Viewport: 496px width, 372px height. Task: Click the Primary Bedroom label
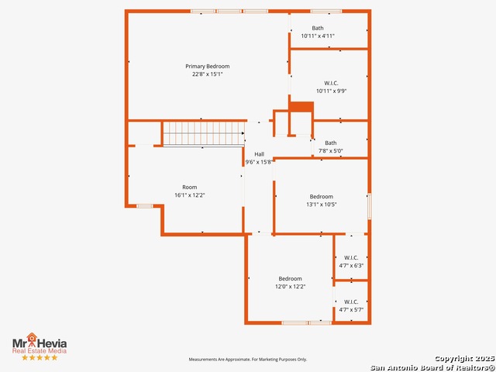point(208,67)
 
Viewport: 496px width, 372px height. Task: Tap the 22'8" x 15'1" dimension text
point(208,74)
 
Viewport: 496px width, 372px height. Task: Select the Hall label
point(260,154)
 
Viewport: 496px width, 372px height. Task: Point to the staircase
point(204,134)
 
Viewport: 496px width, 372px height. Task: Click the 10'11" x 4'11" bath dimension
point(318,36)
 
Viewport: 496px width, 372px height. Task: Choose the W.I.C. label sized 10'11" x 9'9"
point(331,83)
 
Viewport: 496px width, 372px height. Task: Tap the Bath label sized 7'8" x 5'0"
point(331,143)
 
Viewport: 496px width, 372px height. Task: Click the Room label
point(189,188)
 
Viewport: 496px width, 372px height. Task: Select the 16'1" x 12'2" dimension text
point(189,195)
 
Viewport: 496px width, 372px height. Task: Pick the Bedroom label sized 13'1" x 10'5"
point(322,197)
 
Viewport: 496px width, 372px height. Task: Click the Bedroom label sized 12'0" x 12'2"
point(290,279)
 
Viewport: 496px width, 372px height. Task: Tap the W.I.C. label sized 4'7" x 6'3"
point(351,258)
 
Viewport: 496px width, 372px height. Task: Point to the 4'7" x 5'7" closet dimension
point(351,310)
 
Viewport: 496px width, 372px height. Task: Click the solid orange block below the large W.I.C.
point(301,107)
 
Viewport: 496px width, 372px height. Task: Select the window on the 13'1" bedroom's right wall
point(369,206)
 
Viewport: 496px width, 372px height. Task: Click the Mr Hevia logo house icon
point(32,337)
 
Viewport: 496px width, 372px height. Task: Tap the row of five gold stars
point(40,357)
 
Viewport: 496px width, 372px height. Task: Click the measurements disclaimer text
point(248,360)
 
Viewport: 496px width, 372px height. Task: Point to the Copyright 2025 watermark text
point(464,359)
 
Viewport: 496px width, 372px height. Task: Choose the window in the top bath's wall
point(325,12)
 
